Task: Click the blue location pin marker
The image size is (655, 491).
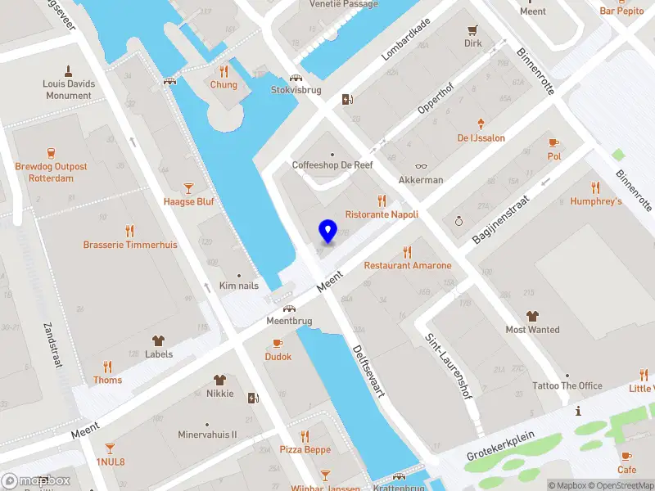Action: [x=328, y=232]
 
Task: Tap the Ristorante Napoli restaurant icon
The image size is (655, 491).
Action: [x=382, y=200]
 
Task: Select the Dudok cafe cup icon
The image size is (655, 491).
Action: [x=278, y=343]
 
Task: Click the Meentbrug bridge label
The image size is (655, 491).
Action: [x=288, y=321]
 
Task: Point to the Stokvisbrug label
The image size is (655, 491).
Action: [x=296, y=90]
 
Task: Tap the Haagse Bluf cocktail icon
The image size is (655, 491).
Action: [x=189, y=187]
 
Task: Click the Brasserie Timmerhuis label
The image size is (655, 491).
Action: [x=129, y=245]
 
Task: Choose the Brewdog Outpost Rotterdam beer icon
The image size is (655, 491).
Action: [x=51, y=152]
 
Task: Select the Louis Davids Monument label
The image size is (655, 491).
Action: [x=69, y=89]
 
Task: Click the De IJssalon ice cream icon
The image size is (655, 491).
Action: [x=481, y=124]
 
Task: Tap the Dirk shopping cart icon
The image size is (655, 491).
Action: [x=473, y=29]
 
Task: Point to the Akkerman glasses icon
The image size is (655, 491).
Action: [x=421, y=166]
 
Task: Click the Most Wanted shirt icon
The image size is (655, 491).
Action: [x=533, y=316]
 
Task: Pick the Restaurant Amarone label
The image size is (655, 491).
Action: [x=408, y=265]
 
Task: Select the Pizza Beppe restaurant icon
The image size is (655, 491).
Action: [x=305, y=435]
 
